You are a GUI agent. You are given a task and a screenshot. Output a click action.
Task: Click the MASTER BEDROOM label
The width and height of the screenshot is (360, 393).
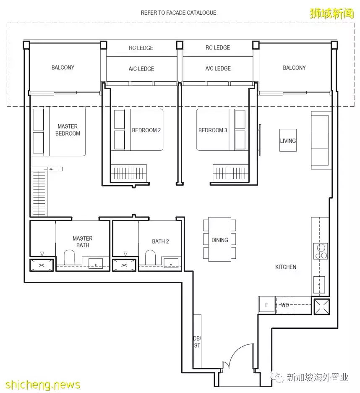coord(68,130)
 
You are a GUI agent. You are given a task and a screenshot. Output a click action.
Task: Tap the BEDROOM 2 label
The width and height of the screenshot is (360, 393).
coord(146,130)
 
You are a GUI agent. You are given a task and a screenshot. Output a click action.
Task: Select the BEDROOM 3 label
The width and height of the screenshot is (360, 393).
coord(213,130)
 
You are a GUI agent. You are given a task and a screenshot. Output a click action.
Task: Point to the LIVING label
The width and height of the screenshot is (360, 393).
coord(288,141)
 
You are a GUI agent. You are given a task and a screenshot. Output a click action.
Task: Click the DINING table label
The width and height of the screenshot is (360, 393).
coord(220,240)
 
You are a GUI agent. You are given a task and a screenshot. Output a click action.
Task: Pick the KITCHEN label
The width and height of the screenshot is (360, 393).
coord(286,267)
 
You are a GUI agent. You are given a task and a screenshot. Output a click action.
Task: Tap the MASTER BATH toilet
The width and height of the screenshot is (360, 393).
coord(69,257)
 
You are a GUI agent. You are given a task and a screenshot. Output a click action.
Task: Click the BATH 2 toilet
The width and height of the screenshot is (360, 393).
coord(150,257)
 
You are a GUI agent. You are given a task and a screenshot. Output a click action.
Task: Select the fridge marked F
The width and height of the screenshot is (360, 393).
coord(266,305)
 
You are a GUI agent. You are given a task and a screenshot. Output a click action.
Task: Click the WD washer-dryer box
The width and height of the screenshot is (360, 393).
coord(284,305)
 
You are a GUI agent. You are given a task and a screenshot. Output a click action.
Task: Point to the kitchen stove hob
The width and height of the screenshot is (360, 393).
coord(321,251)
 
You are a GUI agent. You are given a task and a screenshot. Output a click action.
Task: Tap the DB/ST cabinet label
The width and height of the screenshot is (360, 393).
coord(197,342)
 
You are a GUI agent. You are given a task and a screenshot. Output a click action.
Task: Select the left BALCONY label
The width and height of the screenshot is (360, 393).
coord(63,68)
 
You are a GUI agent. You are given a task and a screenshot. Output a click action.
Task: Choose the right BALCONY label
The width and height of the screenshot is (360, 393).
coord(295,68)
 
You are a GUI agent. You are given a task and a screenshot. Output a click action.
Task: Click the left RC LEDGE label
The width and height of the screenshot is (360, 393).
coord(141,48)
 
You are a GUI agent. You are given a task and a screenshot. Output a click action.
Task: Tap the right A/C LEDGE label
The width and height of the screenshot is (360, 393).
coord(218,68)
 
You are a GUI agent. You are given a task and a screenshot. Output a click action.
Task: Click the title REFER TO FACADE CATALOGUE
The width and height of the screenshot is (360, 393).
coord(178,13)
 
